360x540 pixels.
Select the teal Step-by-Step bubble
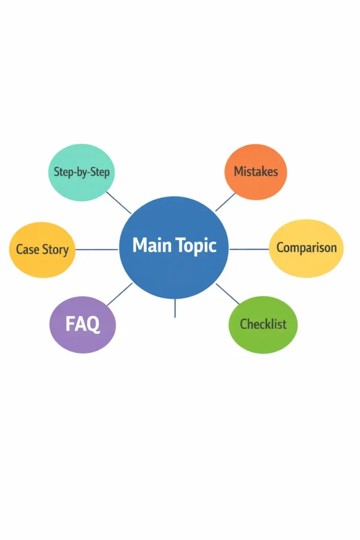pos(81,172)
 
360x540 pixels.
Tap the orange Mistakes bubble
pos(256,172)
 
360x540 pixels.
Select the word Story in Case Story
pos(55,250)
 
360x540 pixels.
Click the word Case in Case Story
pos(27,250)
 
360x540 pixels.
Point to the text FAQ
pos(82,325)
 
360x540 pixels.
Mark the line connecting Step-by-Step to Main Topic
pos(118,203)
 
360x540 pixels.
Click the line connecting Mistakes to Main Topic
pos(226,202)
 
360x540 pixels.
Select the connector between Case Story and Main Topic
pos(97,250)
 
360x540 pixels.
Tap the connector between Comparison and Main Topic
pos(249,249)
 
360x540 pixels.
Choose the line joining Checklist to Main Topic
pos(228,294)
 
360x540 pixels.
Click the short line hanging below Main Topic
pos(175,308)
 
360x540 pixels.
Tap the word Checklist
pos(263,325)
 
